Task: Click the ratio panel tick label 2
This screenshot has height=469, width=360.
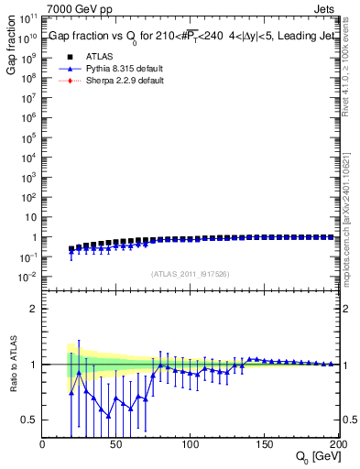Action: click(x=33, y=309)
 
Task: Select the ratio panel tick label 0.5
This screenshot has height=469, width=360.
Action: click(x=29, y=420)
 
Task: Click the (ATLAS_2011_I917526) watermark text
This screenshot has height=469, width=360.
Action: click(x=190, y=273)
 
